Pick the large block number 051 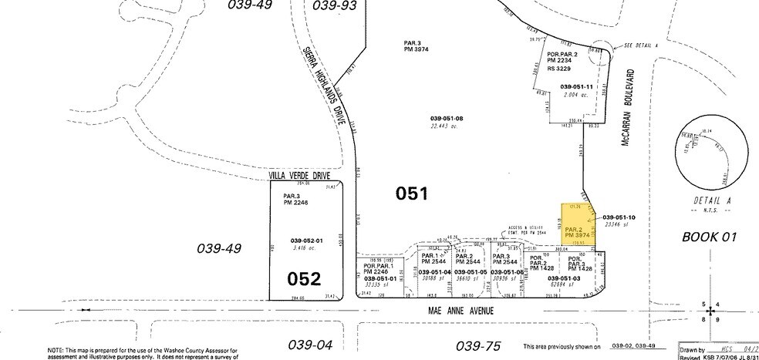411,194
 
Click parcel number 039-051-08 447,118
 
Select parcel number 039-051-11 576,86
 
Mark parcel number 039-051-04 435,272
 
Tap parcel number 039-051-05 471,272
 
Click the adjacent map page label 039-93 336,6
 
